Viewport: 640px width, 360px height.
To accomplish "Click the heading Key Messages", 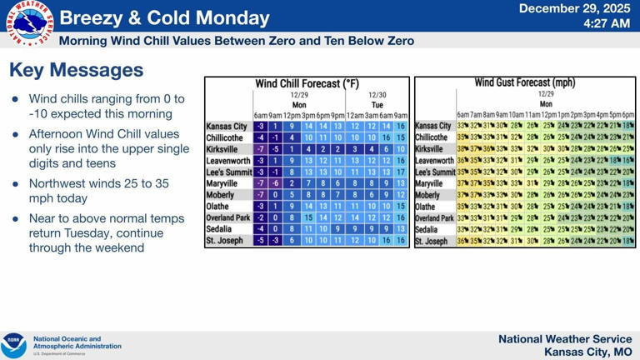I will [76, 71].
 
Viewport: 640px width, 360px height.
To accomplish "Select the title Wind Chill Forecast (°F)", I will [307, 84].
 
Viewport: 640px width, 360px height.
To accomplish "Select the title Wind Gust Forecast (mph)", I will [524, 82].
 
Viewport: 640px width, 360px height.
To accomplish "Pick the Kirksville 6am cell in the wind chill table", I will [261, 149].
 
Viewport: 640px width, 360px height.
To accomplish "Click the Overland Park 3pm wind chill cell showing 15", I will [307, 217].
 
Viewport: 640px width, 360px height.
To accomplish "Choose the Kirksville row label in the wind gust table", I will [432, 149].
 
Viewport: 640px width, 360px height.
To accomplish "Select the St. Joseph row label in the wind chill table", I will [224, 241].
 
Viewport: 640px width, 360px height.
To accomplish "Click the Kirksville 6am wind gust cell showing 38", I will [462, 149].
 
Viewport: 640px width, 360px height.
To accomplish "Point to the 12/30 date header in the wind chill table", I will [377, 96].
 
